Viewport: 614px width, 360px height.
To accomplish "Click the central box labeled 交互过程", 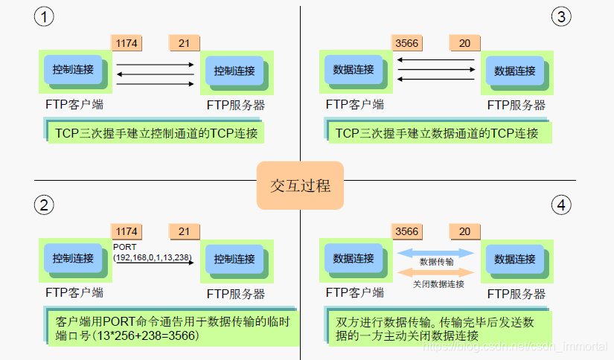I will pyautogui.click(x=300, y=184).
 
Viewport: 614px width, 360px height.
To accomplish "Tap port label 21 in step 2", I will pyautogui.click(x=184, y=231).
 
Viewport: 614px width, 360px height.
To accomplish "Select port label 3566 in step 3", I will pyautogui.click(x=406, y=43).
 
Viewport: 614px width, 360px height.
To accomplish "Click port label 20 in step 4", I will pyautogui.click(x=464, y=231).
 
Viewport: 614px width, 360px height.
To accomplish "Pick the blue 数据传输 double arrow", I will pyautogui.click(x=435, y=253).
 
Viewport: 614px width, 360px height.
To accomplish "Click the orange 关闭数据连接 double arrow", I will pyautogui.click(x=435, y=274).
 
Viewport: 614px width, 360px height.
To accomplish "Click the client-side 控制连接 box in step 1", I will pyautogui.click(x=73, y=70).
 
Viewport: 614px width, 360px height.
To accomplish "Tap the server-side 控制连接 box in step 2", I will pyautogui.click(x=234, y=259).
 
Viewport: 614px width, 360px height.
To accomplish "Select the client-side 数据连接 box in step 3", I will pyautogui.click(x=354, y=70).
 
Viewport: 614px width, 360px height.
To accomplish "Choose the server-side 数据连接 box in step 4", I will pyautogui.click(x=514, y=259).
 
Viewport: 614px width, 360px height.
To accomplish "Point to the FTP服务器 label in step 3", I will pyautogui.click(x=516, y=105).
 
